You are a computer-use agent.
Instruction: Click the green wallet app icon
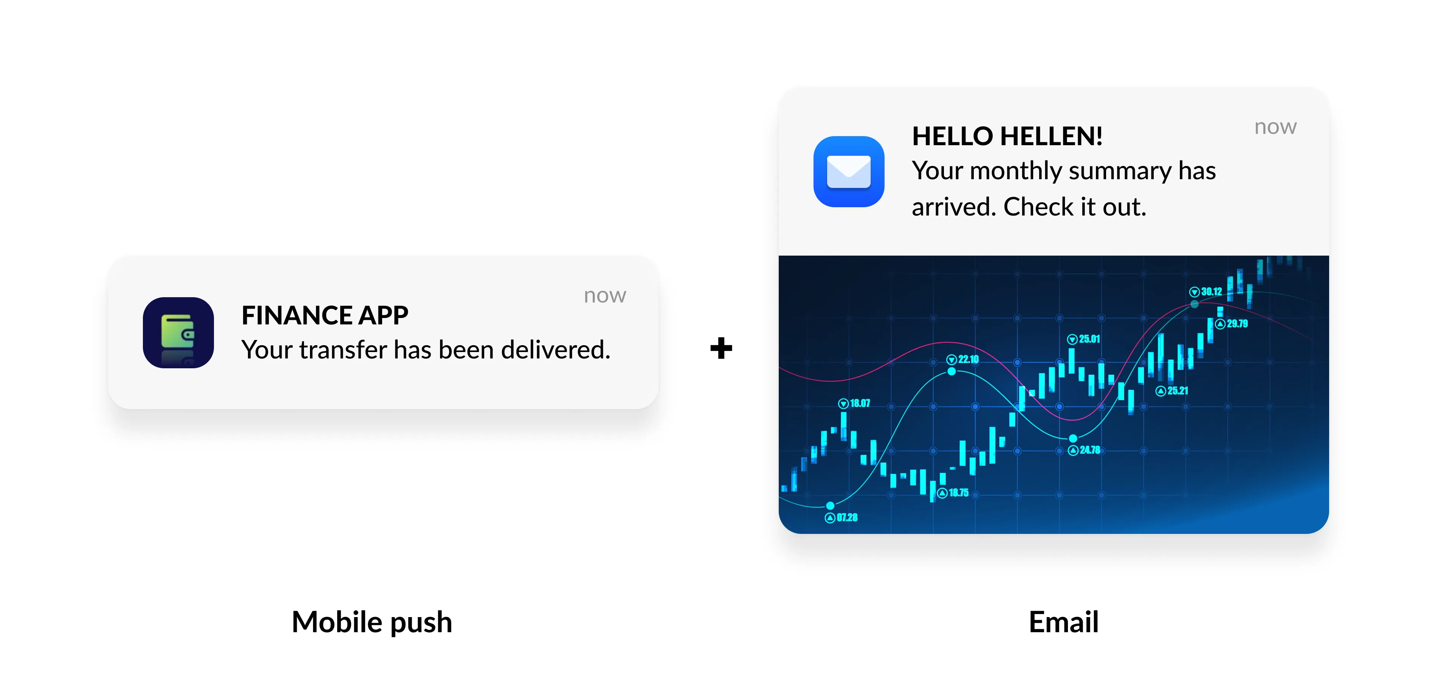click(x=178, y=333)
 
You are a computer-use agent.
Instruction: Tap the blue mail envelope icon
click(x=849, y=171)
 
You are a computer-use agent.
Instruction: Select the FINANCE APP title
click(x=324, y=315)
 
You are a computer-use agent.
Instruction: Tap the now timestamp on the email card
click(x=1275, y=127)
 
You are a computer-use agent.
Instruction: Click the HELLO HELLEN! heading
click(x=1007, y=136)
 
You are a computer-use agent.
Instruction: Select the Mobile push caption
click(x=372, y=622)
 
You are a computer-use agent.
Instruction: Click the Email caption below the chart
click(x=1063, y=622)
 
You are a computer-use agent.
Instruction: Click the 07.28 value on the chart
click(x=846, y=518)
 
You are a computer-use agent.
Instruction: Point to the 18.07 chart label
click(x=859, y=403)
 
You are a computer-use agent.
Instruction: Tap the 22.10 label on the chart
click(x=968, y=360)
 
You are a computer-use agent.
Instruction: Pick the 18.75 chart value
click(x=959, y=493)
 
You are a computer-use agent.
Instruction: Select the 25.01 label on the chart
click(x=1089, y=339)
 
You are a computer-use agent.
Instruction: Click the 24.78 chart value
click(x=1089, y=450)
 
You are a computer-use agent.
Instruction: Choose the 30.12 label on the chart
click(x=1211, y=292)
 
